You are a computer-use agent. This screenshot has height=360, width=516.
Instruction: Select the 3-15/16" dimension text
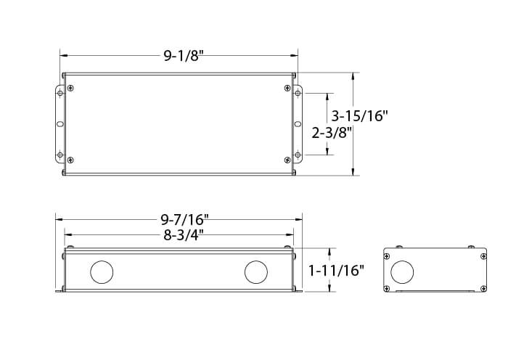coord(360,115)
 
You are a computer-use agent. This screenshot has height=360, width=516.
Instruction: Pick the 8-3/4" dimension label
coord(181,235)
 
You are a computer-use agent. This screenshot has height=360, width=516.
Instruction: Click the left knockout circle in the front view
coord(101,273)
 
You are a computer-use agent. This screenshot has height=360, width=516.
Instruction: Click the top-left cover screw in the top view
coord(70,88)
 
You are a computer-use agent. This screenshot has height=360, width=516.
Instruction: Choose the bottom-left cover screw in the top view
coord(70,160)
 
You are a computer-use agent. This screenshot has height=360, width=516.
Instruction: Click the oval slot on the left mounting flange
coord(60,124)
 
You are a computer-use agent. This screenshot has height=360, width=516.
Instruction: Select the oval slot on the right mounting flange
coord(298,124)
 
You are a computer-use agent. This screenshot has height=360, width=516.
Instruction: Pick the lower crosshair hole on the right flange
coord(298,154)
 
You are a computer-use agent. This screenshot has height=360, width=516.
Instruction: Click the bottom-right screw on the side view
coord(482,290)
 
